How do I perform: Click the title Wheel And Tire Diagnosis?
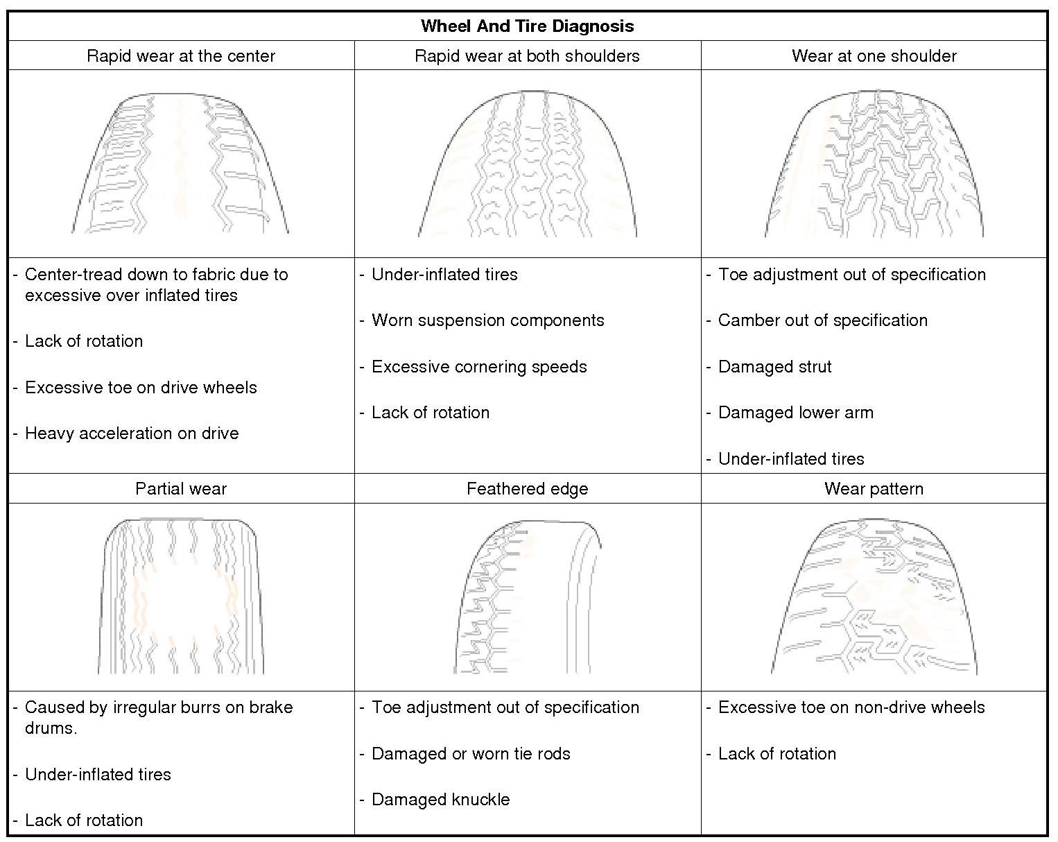pos(527,26)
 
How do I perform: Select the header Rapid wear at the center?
pos(181,56)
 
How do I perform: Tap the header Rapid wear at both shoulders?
pos(527,56)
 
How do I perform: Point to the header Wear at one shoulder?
pos(874,56)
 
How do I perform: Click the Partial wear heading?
pos(181,489)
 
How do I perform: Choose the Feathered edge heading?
pos(527,489)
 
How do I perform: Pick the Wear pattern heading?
pos(874,489)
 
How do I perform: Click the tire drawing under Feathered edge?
pos(527,596)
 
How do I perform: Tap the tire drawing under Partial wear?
pos(181,596)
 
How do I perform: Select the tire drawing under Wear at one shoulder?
pos(874,164)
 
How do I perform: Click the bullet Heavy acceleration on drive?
pos(132,433)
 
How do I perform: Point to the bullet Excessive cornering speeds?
pos(479,367)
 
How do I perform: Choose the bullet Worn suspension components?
pos(487,320)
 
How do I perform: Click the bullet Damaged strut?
pos(774,367)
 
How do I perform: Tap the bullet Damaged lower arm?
pos(795,413)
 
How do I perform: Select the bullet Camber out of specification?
pos(822,320)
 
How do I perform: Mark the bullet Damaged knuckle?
pos(440,800)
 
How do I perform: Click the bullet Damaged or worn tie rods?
pos(471,754)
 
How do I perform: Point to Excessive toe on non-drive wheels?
pos(851,707)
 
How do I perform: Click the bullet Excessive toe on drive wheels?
pos(141,388)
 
